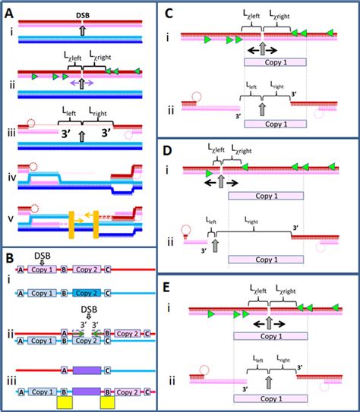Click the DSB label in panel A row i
coord(86,14)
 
